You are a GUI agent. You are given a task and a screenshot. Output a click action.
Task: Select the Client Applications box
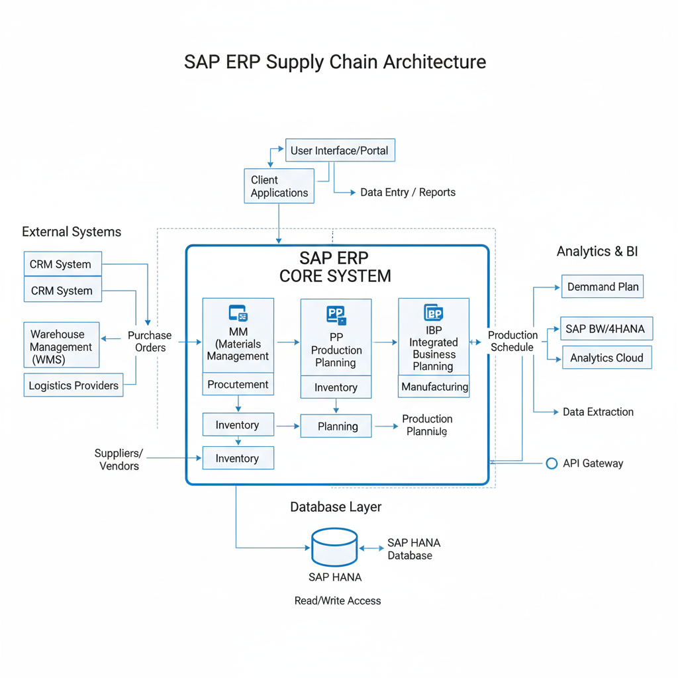(279, 186)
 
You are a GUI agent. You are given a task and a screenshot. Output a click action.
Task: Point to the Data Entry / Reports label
(407, 193)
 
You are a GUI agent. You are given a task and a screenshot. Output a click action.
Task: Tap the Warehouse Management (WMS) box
(61, 346)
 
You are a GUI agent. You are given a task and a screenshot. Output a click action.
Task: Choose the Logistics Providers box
(73, 385)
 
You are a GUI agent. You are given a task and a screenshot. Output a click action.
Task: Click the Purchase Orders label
(150, 342)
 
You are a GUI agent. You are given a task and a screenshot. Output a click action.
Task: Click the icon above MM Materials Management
(238, 314)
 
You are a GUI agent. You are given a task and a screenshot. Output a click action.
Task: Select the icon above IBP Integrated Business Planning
(434, 313)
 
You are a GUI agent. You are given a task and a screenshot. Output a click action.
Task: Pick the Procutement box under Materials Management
(238, 384)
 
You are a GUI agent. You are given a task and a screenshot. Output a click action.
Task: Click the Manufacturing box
(434, 386)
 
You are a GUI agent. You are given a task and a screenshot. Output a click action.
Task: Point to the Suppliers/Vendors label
(119, 460)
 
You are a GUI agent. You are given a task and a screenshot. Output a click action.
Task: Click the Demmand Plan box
(603, 287)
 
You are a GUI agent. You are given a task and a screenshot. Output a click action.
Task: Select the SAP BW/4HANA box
(605, 328)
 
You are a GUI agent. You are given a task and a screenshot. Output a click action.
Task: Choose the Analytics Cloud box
(606, 358)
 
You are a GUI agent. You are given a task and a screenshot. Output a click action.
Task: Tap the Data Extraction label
(598, 412)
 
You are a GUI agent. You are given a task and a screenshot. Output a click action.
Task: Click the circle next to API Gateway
(552, 463)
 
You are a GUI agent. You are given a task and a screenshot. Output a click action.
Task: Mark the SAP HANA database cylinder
(334, 546)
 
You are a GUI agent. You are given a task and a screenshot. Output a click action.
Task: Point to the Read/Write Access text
(338, 601)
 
